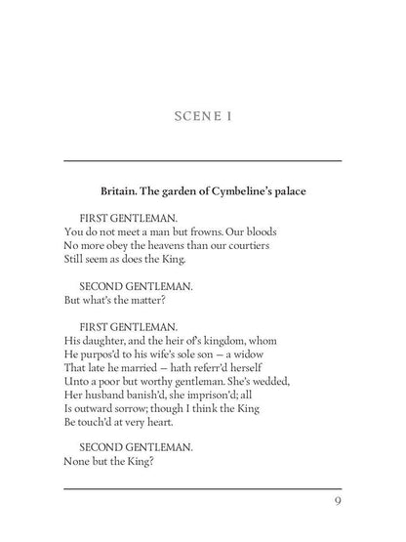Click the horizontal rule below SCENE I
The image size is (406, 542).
[x=202, y=160]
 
